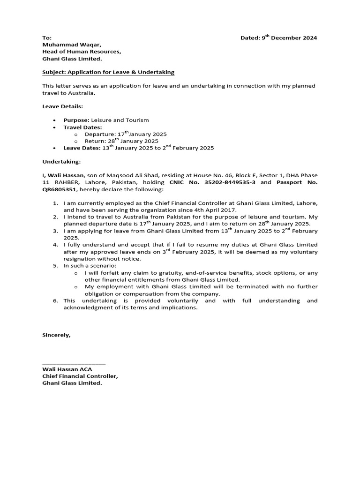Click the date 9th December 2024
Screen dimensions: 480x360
point(289,38)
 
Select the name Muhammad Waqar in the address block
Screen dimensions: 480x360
point(71,45)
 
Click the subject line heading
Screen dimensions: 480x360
point(108,72)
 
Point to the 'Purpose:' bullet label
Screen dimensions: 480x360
point(76,120)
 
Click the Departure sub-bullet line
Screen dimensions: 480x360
point(126,134)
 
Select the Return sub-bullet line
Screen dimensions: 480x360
point(121,141)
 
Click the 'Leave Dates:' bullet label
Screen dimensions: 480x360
point(82,148)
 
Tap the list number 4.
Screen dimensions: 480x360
point(55,245)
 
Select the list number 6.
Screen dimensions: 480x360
point(55,300)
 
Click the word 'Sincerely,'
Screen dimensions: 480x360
point(57,335)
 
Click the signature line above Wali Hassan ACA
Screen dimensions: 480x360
point(74,363)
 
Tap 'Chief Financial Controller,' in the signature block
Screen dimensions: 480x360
point(80,376)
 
